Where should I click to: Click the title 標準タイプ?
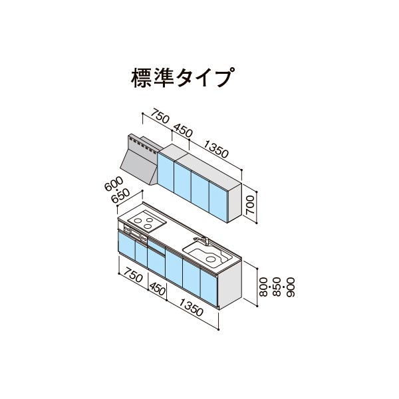pos(183,77)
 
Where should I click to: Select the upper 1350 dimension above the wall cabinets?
pos(215,150)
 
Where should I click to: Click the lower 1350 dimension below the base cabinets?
pos(191,307)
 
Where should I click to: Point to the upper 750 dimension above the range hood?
pos(160,116)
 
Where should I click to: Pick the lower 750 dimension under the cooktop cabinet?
pos(133,275)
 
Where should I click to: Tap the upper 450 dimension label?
pos(183,131)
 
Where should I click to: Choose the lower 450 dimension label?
pos(158,289)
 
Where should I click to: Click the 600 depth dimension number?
pos(114,184)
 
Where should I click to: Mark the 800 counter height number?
pos(263,287)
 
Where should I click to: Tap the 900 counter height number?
pos(291,287)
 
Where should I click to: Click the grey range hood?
pos(140,159)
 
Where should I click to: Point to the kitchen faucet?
pos(202,240)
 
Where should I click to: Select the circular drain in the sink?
pos(210,259)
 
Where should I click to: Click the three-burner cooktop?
pos(147,221)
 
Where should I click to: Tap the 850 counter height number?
pos(277,287)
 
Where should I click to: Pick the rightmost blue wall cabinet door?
pos(218,201)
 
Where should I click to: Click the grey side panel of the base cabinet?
pos(230,285)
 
